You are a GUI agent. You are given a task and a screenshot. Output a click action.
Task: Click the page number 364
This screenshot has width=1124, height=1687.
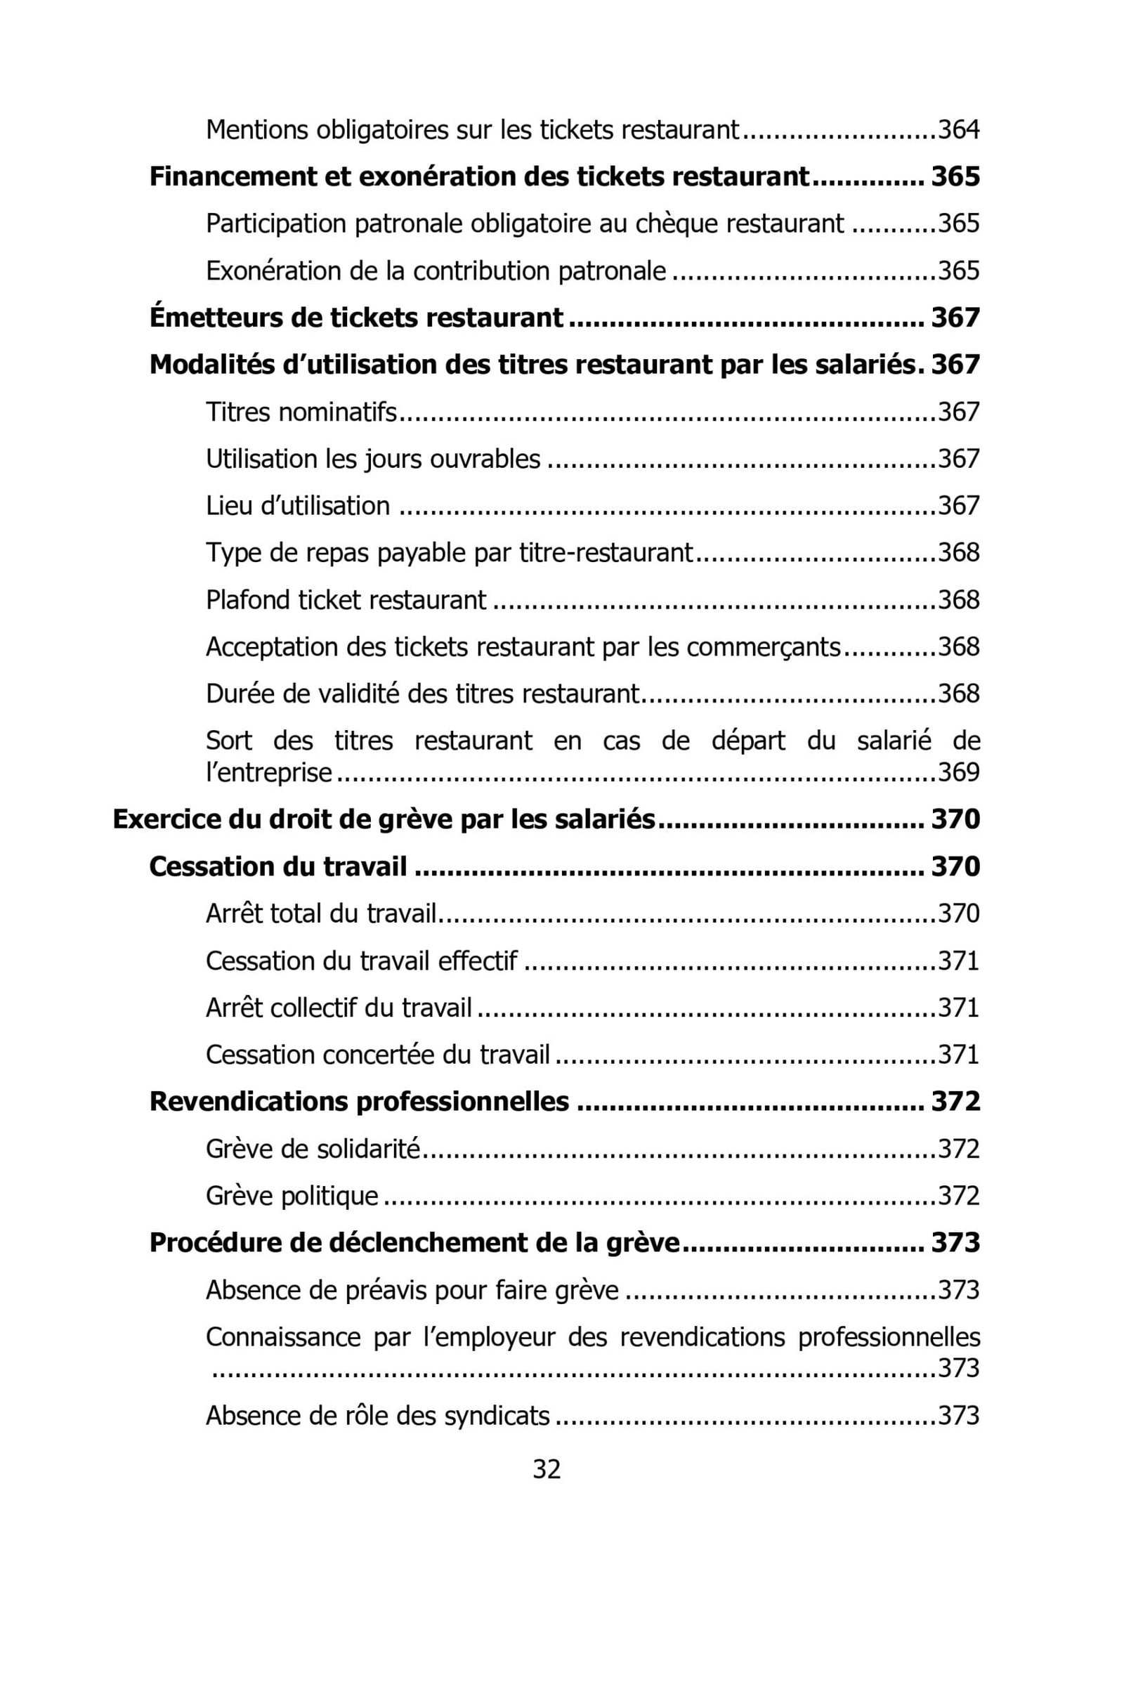click(x=958, y=130)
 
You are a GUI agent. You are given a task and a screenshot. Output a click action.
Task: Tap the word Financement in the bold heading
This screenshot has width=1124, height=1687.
click(x=233, y=176)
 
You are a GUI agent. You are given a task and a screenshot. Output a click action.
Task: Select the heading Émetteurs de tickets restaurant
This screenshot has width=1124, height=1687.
click(x=355, y=318)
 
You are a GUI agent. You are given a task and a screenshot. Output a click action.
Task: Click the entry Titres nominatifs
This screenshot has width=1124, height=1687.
click(x=301, y=412)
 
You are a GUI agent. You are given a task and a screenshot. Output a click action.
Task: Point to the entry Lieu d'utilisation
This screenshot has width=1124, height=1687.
click(x=297, y=506)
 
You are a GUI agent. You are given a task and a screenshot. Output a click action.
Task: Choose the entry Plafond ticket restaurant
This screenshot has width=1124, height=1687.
click(x=346, y=600)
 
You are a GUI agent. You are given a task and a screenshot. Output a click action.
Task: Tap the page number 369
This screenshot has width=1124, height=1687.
click(x=958, y=772)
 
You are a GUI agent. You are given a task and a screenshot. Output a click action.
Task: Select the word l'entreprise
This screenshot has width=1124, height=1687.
click(x=269, y=772)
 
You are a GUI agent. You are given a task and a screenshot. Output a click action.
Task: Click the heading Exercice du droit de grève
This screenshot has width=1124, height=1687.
click(x=384, y=819)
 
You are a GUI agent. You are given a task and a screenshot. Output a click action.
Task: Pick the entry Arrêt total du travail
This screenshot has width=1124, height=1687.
click(x=321, y=913)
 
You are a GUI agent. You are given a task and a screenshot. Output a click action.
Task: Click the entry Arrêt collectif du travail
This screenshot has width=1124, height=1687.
click(x=339, y=1008)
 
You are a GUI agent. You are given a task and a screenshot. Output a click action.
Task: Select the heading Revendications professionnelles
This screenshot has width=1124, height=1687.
click(x=359, y=1101)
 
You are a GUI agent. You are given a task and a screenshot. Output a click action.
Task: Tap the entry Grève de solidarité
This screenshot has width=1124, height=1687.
click(x=313, y=1149)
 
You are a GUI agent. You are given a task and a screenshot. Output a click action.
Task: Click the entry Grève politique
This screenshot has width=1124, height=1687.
click(x=292, y=1196)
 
